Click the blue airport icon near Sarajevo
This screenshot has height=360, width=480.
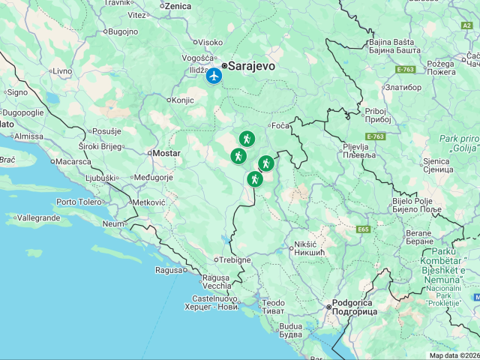(x=214, y=76)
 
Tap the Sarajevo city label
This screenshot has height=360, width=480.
(x=251, y=66)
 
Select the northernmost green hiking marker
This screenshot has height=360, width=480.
(x=247, y=139)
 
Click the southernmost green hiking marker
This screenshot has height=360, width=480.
(x=255, y=179)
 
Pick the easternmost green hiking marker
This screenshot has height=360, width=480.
(x=265, y=163)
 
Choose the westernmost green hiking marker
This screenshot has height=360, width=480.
(x=238, y=156)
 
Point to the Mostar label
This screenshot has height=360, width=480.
(x=166, y=153)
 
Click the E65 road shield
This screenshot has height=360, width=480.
(x=364, y=229)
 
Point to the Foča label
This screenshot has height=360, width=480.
(x=280, y=125)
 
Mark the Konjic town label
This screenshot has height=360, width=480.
(x=182, y=100)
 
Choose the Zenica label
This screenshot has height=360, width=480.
(x=178, y=6)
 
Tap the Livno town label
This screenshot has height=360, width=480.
(x=62, y=70)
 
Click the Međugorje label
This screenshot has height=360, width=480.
(x=153, y=178)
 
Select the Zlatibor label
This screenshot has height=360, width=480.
(x=403, y=87)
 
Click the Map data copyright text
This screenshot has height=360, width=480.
(x=454, y=355)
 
